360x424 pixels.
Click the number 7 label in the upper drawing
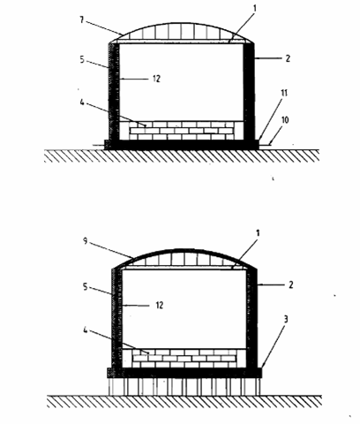coord(82,20)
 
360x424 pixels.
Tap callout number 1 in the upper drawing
coord(255,8)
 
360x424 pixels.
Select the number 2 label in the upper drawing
coord(288,58)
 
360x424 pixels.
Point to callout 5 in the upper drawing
coord(82,59)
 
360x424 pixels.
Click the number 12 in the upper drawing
coord(156,79)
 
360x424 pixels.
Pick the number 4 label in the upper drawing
coord(82,102)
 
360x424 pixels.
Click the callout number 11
coord(284,93)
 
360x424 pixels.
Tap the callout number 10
coord(285,120)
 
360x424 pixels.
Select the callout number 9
coord(86,241)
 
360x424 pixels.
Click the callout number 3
coord(285,319)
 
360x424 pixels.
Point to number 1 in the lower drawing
coord(258,233)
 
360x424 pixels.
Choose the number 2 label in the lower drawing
coord(291,284)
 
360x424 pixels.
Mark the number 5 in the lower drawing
coord(86,286)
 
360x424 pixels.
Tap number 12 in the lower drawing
coord(160,305)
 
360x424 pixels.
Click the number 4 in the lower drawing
coord(86,330)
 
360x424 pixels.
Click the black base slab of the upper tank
coord(182,145)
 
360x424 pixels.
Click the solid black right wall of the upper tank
coord(249,91)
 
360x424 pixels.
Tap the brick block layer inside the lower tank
coord(184,359)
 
